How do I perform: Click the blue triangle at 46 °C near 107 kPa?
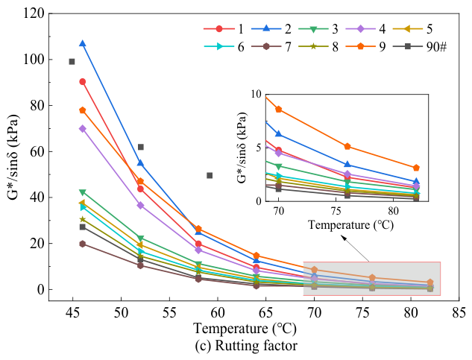pyautogui.click(x=83, y=44)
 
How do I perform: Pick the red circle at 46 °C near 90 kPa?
pyautogui.click(x=83, y=81)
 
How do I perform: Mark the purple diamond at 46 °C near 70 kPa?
pyautogui.click(x=83, y=129)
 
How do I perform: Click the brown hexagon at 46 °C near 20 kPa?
pyautogui.click(x=83, y=244)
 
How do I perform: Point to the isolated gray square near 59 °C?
pyautogui.click(x=210, y=175)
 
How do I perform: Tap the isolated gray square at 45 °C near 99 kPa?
pyautogui.click(x=72, y=62)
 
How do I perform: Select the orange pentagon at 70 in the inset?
pyautogui.click(x=279, y=110)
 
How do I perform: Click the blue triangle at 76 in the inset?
pyautogui.click(x=347, y=164)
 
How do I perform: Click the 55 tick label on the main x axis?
pyautogui.click(x=169, y=313)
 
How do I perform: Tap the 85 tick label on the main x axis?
pyautogui.click(x=459, y=313)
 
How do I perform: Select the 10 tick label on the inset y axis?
pyautogui.click(x=257, y=94)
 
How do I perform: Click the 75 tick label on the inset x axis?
pyautogui.click(x=336, y=211)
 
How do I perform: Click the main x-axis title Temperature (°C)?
pyautogui.click(x=245, y=329)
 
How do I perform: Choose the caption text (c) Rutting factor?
pyautogui.click(x=246, y=346)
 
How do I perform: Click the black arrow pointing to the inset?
pyautogui.click(x=355, y=249)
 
